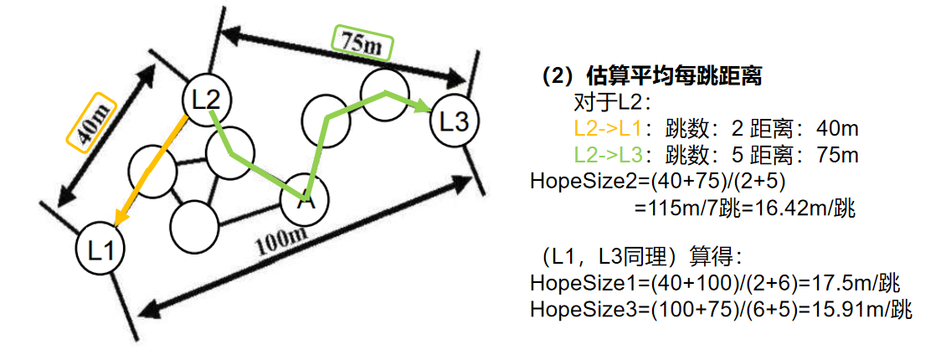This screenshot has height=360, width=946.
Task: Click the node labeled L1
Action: click(x=100, y=249)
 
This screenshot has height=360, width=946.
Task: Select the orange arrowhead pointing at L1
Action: click(x=120, y=219)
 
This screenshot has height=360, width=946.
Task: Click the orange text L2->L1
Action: click(x=607, y=130)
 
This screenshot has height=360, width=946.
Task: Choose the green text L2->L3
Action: click(x=607, y=155)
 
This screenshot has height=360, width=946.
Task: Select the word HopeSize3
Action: click(x=570, y=309)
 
